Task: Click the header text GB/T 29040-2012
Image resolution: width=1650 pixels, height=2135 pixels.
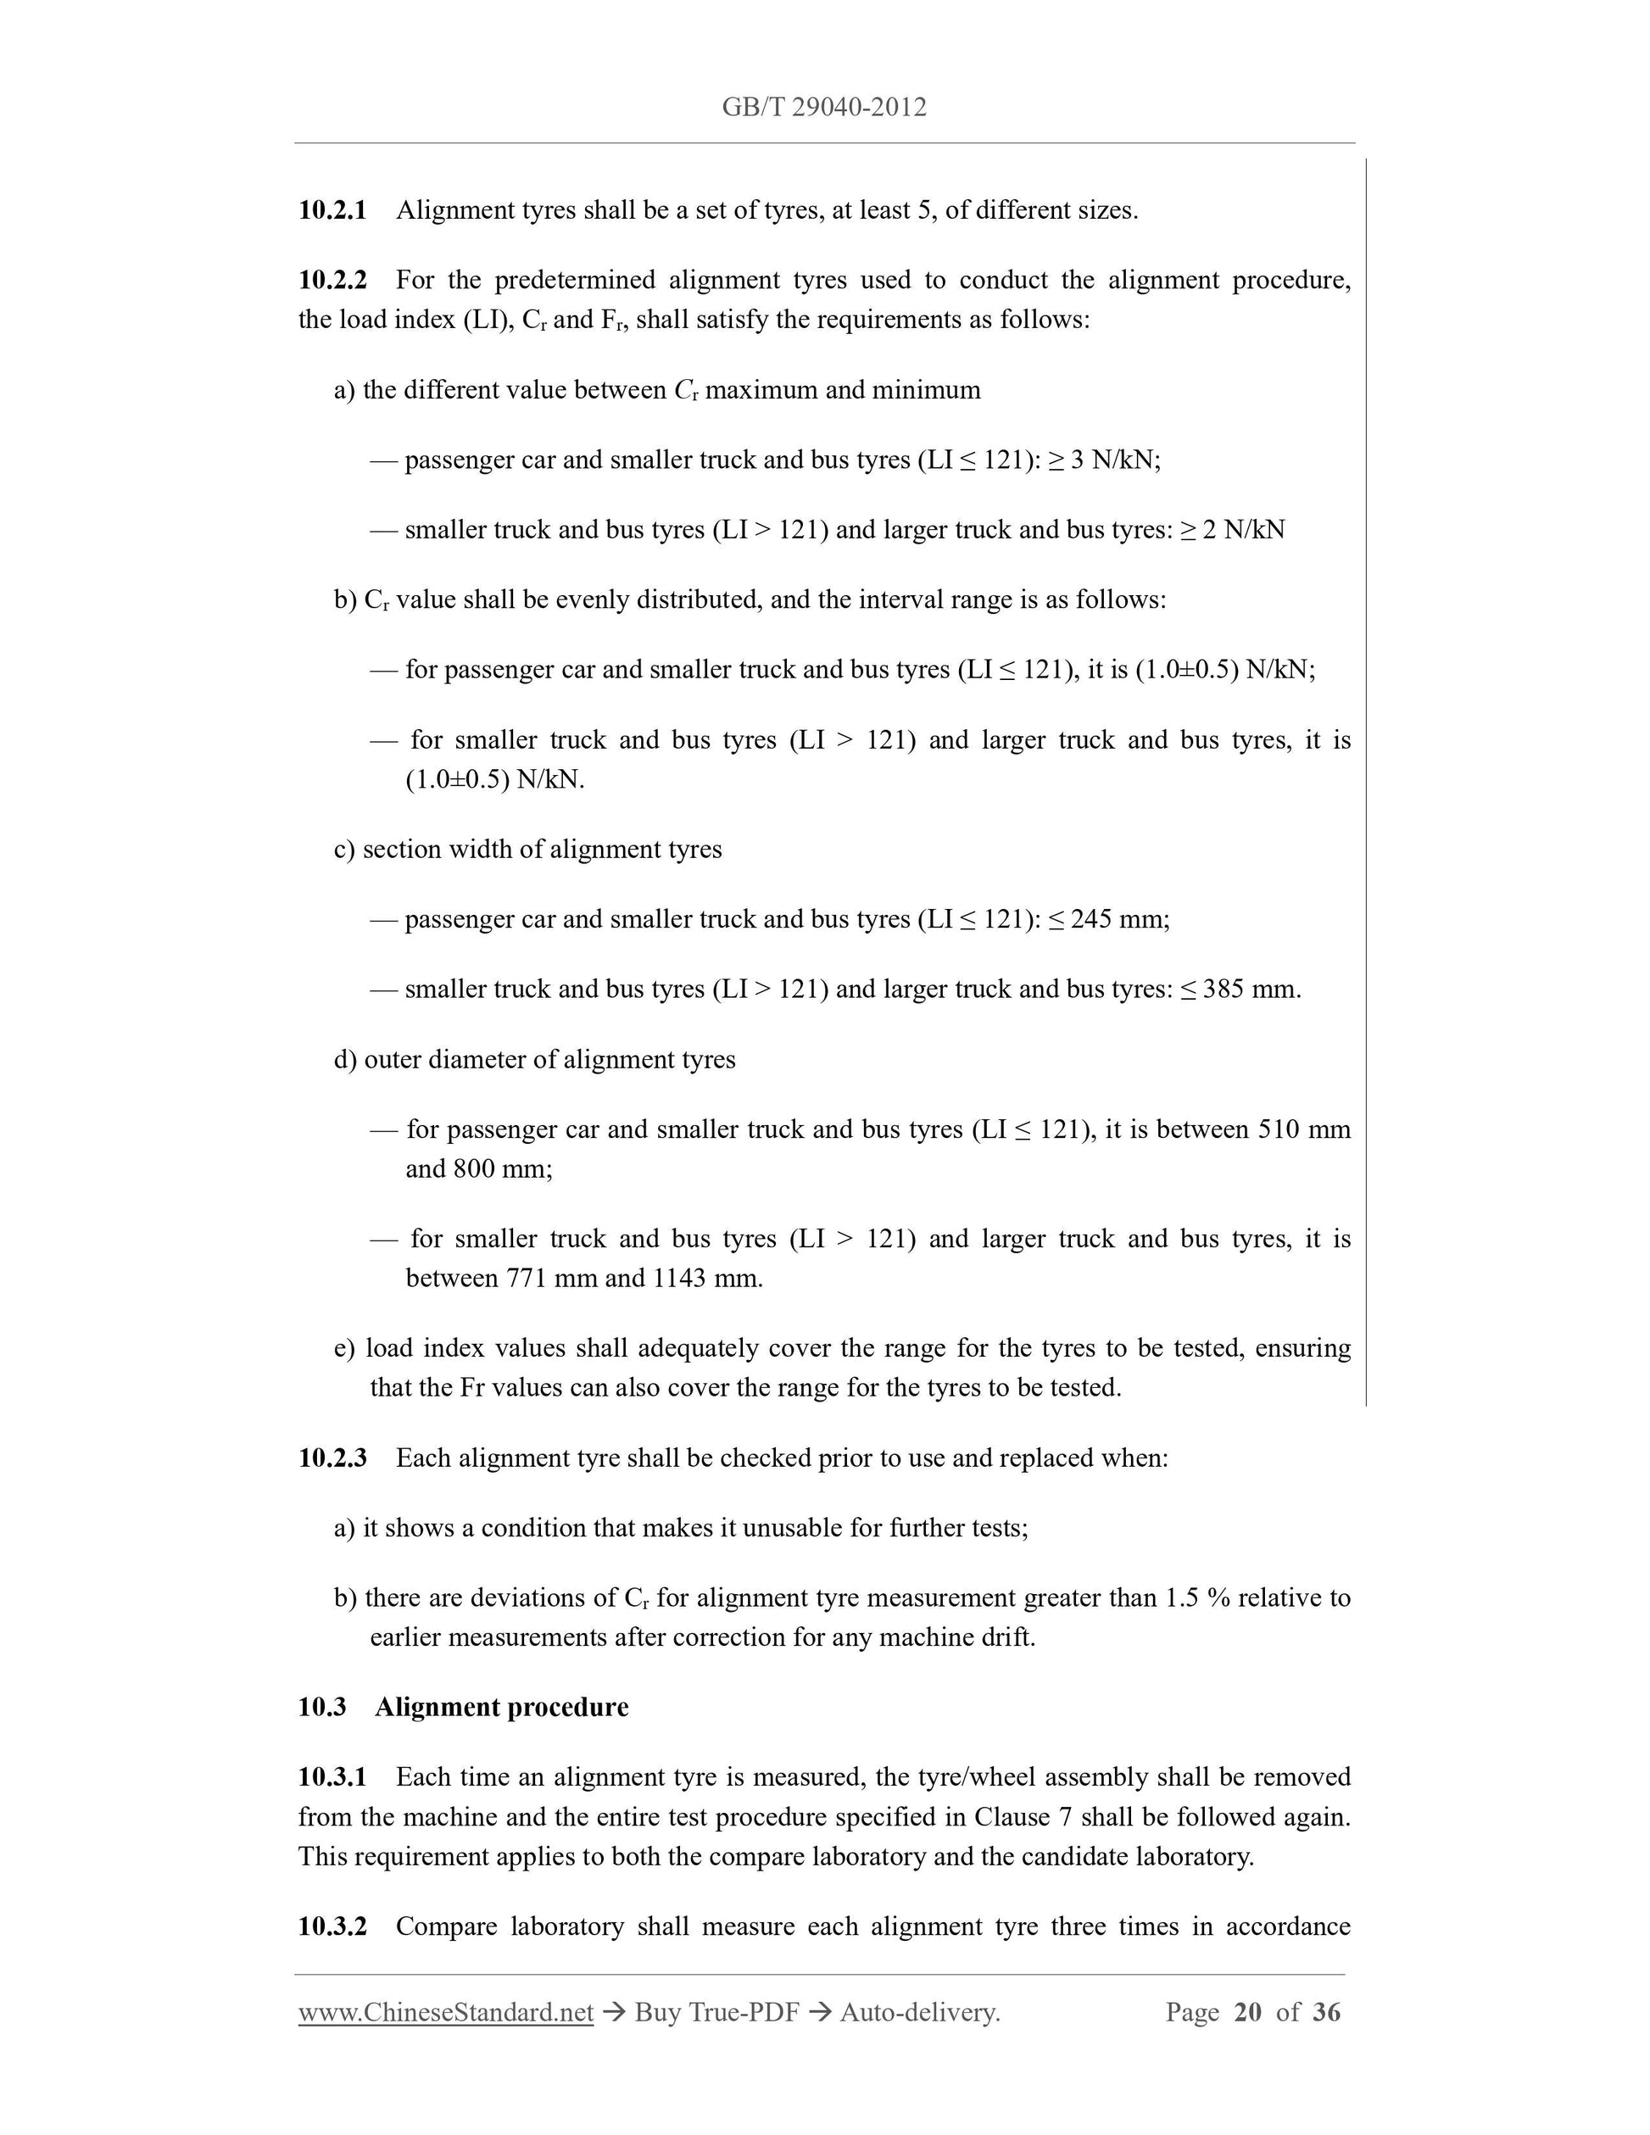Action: (824, 108)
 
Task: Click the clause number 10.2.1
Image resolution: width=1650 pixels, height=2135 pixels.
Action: (332, 210)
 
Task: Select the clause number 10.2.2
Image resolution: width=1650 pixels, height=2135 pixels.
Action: (332, 281)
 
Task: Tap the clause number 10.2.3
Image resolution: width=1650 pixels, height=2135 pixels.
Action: (332, 1458)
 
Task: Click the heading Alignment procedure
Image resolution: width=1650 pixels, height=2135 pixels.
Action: (501, 1707)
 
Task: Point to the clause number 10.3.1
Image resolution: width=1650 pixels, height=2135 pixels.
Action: (332, 1776)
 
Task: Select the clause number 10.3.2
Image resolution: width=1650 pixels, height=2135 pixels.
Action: (332, 1926)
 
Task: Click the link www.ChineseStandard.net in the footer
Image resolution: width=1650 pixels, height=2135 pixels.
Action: (446, 2013)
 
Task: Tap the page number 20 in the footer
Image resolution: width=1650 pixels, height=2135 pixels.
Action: (1248, 2013)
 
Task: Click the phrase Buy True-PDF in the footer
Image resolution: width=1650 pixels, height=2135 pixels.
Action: (716, 2013)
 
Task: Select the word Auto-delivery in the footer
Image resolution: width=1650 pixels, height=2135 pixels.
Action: (918, 2013)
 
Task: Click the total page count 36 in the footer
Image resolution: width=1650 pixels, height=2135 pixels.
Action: (1326, 2013)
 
